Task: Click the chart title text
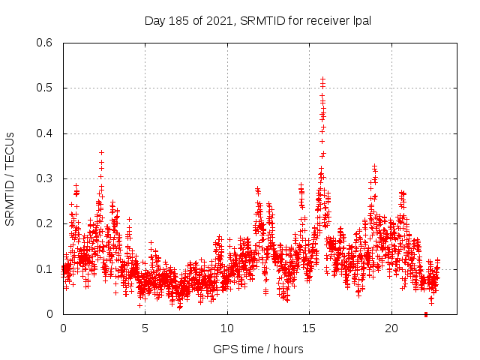pos(258,20)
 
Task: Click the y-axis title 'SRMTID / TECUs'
pos(10,178)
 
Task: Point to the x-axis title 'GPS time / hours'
pos(258,349)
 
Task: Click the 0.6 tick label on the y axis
pos(46,43)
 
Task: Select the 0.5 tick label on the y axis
pos(46,88)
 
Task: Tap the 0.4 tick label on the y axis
pos(46,133)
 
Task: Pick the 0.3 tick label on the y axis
pos(46,178)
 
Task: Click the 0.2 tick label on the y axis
pos(46,223)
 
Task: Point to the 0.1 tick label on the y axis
pos(46,268)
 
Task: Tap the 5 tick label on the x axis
pos(145,328)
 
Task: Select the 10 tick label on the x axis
pos(227,328)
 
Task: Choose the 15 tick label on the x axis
pos(310,328)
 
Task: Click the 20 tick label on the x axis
pos(391,328)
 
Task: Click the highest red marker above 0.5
pos(322,78)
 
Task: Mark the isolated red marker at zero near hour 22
pos(426,314)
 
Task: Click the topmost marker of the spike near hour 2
pos(101,152)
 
